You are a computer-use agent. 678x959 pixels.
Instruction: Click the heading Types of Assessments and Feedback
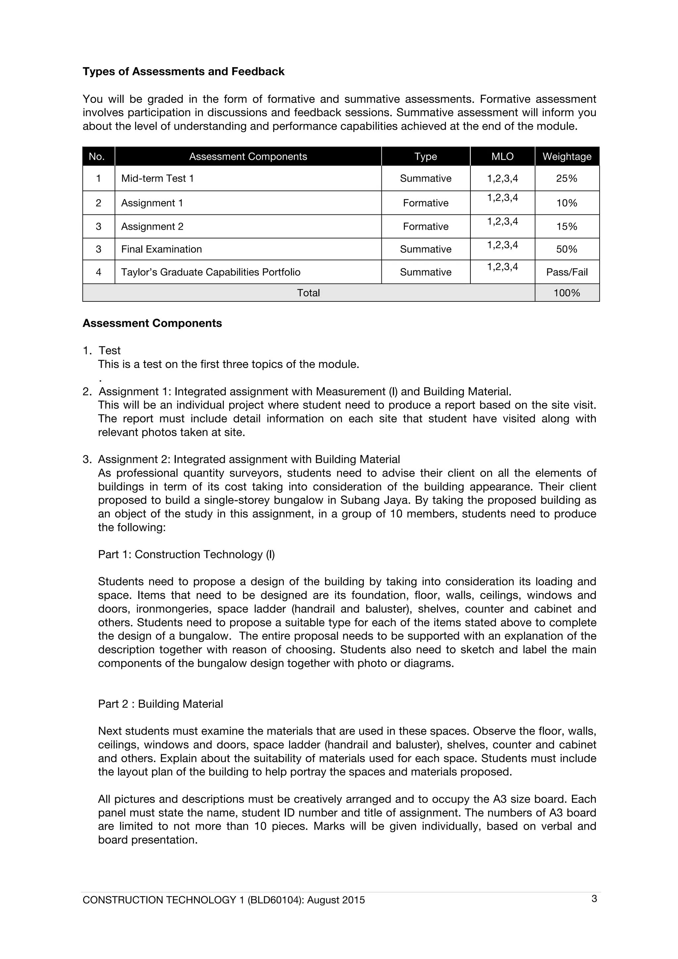(x=183, y=71)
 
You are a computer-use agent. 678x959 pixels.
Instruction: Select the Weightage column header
(x=566, y=156)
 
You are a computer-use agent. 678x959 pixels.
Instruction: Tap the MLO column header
(x=502, y=156)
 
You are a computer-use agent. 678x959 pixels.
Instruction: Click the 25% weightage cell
(x=566, y=178)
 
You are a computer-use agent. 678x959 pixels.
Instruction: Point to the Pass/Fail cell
(x=566, y=272)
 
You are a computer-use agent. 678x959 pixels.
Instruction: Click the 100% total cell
(x=566, y=293)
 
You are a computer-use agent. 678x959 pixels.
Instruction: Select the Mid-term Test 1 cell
(x=158, y=178)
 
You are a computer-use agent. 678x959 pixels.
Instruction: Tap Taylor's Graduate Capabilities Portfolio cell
(x=211, y=272)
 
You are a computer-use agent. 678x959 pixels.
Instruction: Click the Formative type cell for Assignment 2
(x=425, y=226)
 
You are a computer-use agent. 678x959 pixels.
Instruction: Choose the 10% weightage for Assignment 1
(x=566, y=203)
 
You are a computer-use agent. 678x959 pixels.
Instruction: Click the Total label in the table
(x=308, y=293)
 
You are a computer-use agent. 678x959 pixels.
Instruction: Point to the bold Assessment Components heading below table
(x=152, y=323)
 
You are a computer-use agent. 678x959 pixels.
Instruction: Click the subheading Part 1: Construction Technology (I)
(x=186, y=554)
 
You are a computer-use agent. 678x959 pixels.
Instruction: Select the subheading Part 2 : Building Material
(x=161, y=704)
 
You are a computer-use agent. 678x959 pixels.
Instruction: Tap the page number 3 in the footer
(x=594, y=898)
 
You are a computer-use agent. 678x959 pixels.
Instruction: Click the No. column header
(x=96, y=156)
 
